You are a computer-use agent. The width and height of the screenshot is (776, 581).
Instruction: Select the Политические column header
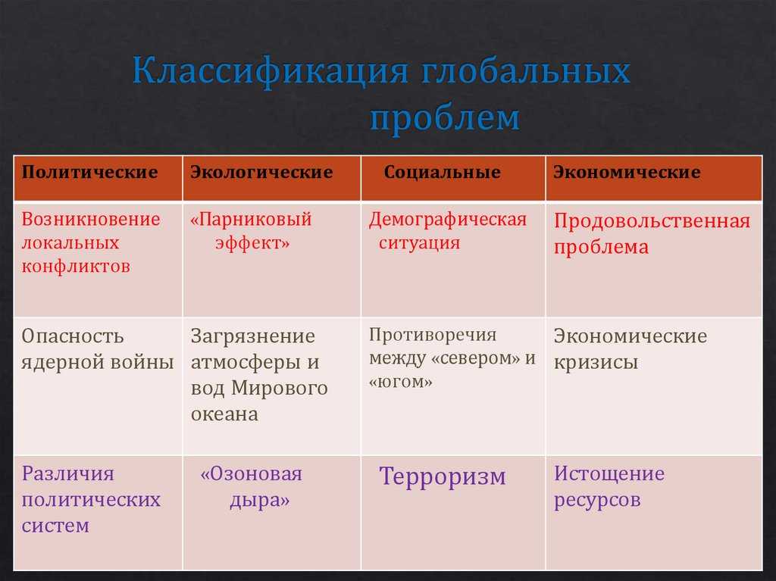[x=89, y=172]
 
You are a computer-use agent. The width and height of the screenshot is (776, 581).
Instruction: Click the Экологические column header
[x=261, y=172]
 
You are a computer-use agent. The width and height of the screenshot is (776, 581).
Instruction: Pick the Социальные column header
[x=442, y=172]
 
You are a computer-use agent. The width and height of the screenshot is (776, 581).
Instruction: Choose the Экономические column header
[x=627, y=172]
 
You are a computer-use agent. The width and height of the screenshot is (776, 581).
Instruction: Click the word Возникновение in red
[x=91, y=219]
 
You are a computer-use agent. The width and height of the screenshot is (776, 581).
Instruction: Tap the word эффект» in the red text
[x=252, y=243]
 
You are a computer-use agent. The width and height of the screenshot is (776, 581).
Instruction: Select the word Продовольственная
[x=652, y=221]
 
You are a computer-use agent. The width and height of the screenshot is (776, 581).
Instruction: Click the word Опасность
[x=72, y=336]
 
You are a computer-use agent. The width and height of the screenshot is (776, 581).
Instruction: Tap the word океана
[x=224, y=414]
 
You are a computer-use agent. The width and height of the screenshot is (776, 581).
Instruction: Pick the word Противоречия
[x=433, y=335]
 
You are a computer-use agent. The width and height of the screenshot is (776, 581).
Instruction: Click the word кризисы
[x=596, y=363]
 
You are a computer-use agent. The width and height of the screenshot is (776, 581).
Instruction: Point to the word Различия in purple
[x=67, y=474]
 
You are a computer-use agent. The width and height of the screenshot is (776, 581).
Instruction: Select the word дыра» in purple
[x=259, y=501]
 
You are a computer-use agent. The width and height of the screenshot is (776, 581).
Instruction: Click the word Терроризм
[x=443, y=477]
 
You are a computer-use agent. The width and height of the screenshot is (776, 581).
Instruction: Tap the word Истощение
[x=609, y=474]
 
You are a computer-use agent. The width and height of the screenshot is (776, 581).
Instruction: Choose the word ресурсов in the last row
[x=597, y=501]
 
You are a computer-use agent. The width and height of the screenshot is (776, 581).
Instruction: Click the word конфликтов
[x=76, y=267]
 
